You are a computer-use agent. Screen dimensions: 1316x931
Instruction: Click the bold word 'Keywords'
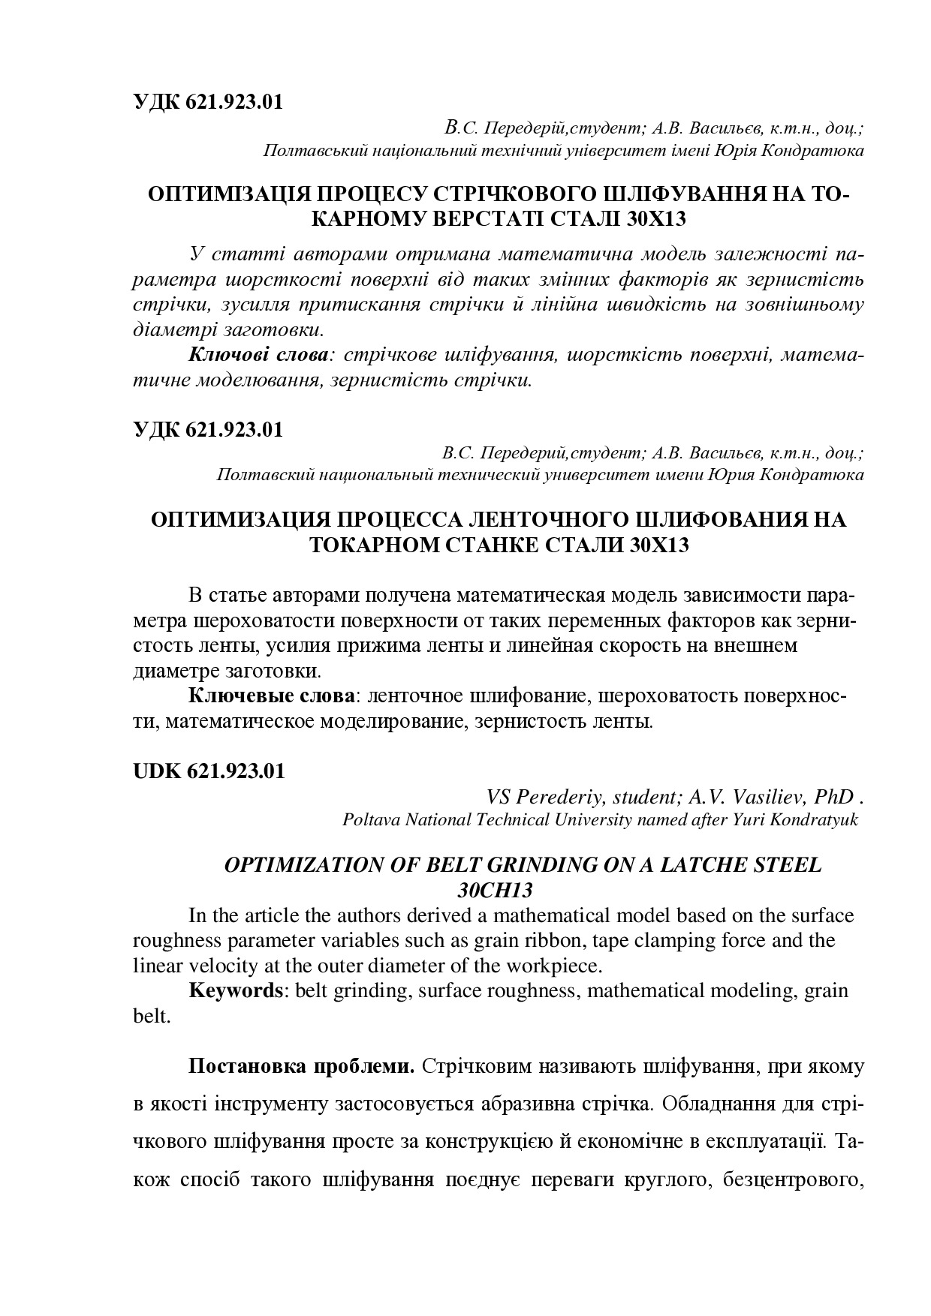tap(235, 990)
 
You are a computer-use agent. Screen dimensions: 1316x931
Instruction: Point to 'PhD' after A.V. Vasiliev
tap(830, 797)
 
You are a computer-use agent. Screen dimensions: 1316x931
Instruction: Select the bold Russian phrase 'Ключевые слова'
tap(271, 696)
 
